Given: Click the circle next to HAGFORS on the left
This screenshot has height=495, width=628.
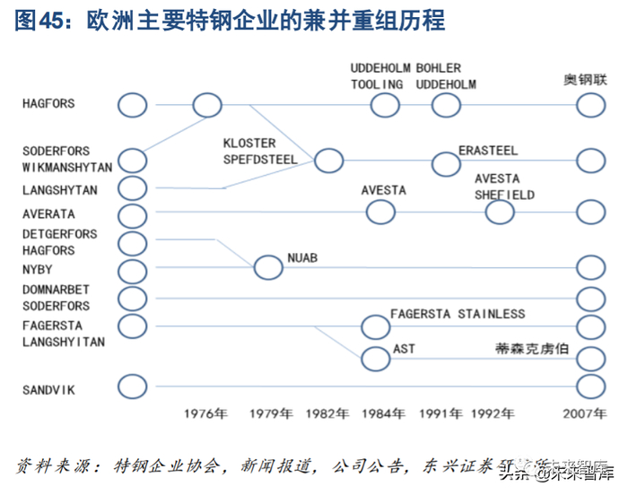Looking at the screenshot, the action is tap(132, 105).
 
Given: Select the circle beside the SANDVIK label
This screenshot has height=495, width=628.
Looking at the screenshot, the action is tap(132, 386).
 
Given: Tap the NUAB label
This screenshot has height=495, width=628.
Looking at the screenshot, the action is tap(302, 259).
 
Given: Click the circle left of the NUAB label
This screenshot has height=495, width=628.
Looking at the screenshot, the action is tap(267, 267).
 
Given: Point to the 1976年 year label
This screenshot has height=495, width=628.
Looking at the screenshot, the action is tap(207, 413).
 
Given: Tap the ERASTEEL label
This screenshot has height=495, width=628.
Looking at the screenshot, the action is tap(488, 150).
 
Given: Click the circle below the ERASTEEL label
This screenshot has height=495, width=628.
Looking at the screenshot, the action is tap(445, 163).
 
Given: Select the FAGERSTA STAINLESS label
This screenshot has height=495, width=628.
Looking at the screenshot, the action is tap(458, 314).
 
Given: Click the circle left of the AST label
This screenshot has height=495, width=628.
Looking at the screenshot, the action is tap(376, 359).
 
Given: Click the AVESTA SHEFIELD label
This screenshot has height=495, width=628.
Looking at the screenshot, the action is tap(504, 187).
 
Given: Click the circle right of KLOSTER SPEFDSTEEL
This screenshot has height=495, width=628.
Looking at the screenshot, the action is tap(328, 161).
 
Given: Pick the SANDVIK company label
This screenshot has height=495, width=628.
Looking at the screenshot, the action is tap(48, 389).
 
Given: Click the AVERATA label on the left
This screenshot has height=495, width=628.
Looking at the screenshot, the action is tap(48, 214).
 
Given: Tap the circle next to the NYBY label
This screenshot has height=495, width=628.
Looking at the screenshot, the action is tap(132, 271).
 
